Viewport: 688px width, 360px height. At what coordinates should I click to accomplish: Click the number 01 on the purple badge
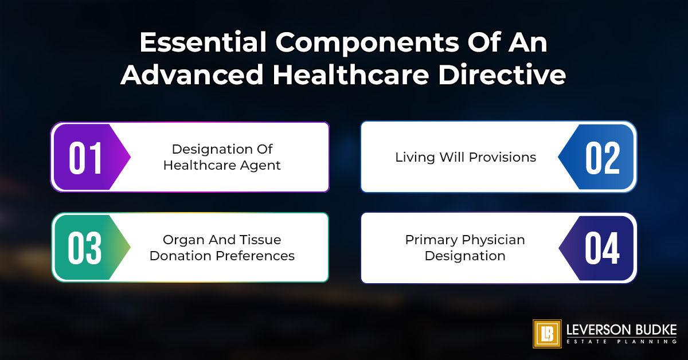point(86,158)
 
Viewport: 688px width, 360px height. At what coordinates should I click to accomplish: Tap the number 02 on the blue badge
point(603,158)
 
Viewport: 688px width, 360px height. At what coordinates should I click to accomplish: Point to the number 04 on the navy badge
point(602,248)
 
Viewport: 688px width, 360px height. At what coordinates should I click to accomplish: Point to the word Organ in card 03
point(181,240)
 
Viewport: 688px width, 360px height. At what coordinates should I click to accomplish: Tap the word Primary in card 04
point(427,240)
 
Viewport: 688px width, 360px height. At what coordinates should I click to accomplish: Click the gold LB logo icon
point(547,334)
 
